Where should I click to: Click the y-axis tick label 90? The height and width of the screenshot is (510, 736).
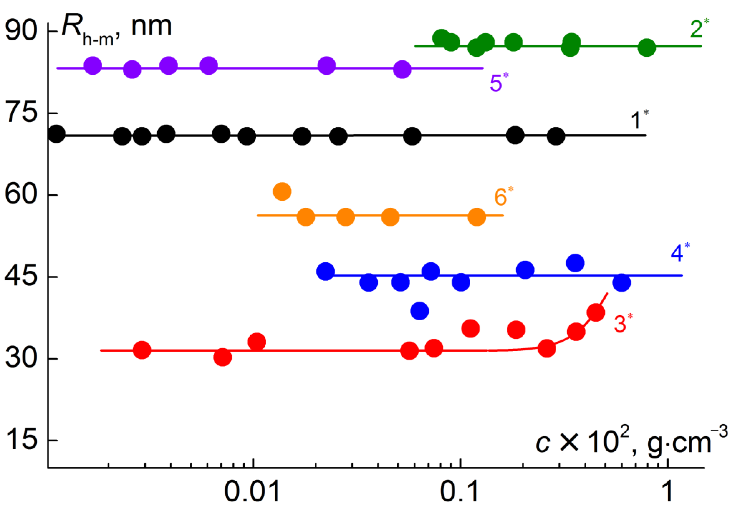(x=21, y=31)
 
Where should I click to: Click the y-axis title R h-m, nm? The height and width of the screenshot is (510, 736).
(x=117, y=29)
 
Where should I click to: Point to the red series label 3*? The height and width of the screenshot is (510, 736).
(x=622, y=323)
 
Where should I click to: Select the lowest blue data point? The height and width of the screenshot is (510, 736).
(x=420, y=311)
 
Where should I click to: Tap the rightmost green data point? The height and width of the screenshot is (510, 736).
(x=647, y=48)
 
